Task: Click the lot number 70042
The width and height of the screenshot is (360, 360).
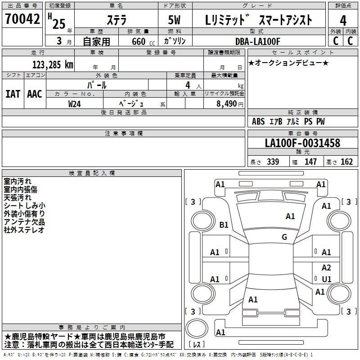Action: click(x=22, y=19)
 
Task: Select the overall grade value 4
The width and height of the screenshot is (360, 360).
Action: click(x=343, y=20)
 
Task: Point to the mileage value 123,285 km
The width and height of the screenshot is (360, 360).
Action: click(x=53, y=64)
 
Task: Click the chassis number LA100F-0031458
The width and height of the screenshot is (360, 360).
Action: click(x=302, y=144)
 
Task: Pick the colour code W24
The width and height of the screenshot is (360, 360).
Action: click(x=75, y=103)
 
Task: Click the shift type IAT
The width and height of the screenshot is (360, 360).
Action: click(x=13, y=94)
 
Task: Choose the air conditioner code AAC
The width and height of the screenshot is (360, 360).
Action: click(x=35, y=94)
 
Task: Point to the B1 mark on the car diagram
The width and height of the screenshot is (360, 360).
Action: click(x=224, y=224)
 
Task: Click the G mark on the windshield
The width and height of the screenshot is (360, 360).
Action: click(x=284, y=237)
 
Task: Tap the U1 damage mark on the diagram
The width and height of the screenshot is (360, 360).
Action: click(x=326, y=279)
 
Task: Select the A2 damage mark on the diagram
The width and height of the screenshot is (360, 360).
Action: click(x=326, y=267)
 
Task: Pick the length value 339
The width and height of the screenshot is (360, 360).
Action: click(x=272, y=162)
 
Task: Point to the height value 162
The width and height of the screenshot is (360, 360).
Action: click(x=346, y=162)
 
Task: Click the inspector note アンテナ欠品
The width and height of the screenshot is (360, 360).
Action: click(x=24, y=222)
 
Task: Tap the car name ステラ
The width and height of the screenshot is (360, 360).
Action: click(x=116, y=20)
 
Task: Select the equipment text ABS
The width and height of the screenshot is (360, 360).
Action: click(x=258, y=121)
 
